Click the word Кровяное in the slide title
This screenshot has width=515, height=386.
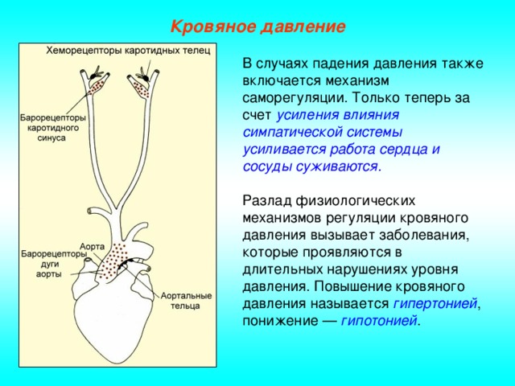point(212,27)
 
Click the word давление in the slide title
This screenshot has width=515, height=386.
point(303,27)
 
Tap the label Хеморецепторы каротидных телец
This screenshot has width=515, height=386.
point(128,51)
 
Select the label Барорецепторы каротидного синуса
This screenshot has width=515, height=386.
point(52,127)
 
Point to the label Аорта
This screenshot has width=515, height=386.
point(92,247)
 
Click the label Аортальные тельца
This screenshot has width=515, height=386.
point(186,301)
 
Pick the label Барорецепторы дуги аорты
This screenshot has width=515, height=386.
point(54,264)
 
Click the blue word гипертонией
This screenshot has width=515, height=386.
point(435,304)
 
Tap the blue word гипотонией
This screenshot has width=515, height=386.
point(379,320)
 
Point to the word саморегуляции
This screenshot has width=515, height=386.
point(295,98)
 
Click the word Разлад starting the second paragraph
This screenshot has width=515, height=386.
point(267,200)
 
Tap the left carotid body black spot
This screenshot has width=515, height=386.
point(95,75)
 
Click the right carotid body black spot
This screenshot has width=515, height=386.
point(145,77)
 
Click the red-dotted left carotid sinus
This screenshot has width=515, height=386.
point(98,84)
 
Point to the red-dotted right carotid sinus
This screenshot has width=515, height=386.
point(141,89)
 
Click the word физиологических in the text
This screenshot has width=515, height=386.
point(356,201)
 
